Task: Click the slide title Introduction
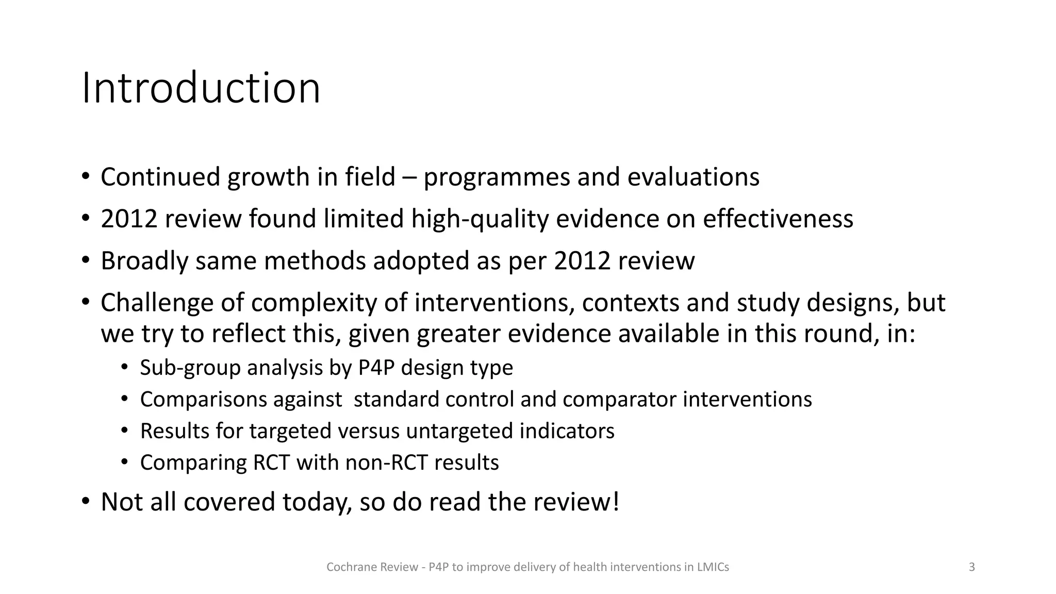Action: click(201, 88)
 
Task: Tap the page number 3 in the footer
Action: click(971, 567)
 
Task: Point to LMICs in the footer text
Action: click(713, 567)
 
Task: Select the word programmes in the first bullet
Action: click(496, 177)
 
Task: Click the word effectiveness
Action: click(778, 219)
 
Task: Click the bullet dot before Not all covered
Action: click(86, 501)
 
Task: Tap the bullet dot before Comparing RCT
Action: click(124, 462)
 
